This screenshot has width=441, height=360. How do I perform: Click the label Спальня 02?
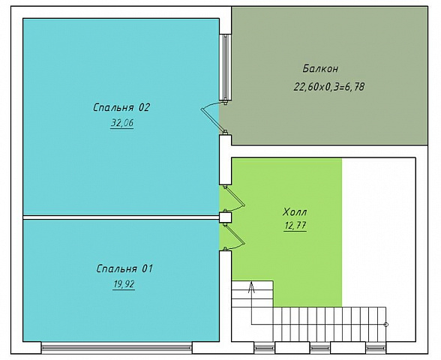[x=121, y=107]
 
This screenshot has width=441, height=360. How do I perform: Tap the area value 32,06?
[x=122, y=123]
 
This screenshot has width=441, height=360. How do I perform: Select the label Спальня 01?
[x=124, y=268]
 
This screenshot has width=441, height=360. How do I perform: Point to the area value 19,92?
[x=124, y=284]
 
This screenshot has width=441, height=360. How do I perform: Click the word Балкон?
[x=320, y=69]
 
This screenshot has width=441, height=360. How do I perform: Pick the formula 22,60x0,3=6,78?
[x=329, y=87]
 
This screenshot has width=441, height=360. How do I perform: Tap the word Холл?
[x=295, y=211]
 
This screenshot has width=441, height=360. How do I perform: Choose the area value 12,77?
[x=295, y=226]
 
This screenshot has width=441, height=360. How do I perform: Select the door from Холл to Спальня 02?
[x=234, y=199]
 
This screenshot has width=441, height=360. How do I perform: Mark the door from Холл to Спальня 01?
[x=234, y=236]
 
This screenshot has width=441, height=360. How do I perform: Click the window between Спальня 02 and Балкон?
[x=225, y=67]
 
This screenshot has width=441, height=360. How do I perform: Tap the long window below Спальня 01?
[x=117, y=348]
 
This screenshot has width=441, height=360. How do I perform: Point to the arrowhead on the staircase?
[x=251, y=286]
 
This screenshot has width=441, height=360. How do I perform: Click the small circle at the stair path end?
[x=386, y=325]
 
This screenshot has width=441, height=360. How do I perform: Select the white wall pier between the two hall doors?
[x=225, y=217]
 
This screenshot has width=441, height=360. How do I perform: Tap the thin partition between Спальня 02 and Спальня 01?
[x=121, y=217]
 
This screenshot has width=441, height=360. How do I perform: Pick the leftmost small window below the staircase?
[x=264, y=348]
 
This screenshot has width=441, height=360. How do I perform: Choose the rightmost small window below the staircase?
[x=376, y=348]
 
